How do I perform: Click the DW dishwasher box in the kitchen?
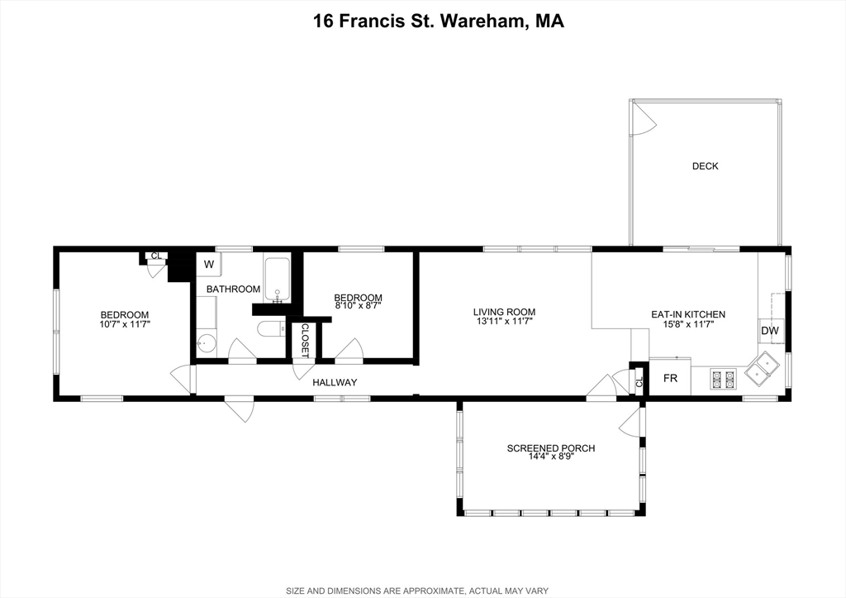(x=771, y=331)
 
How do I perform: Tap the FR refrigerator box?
(x=669, y=378)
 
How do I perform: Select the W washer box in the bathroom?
(x=209, y=265)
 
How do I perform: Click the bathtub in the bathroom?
(x=278, y=280)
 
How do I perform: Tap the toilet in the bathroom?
(x=271, y=329)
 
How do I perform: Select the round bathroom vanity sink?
(x=206, y=342)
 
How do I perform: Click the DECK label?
(x=706, y=166)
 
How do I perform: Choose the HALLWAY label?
(x=335, y=382)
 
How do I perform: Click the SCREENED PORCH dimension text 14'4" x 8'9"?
(x=551, y=457)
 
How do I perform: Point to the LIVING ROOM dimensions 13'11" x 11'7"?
(x=505, y=321)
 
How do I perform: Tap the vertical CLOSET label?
(x=305, y=341)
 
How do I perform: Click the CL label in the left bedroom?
(x=156, y=256)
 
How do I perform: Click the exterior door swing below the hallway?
(x=239, y=410)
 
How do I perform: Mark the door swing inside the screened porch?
(x=631, y=420)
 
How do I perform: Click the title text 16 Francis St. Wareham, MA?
(x=439, y=21)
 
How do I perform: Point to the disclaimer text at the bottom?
(x=417, y=591)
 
